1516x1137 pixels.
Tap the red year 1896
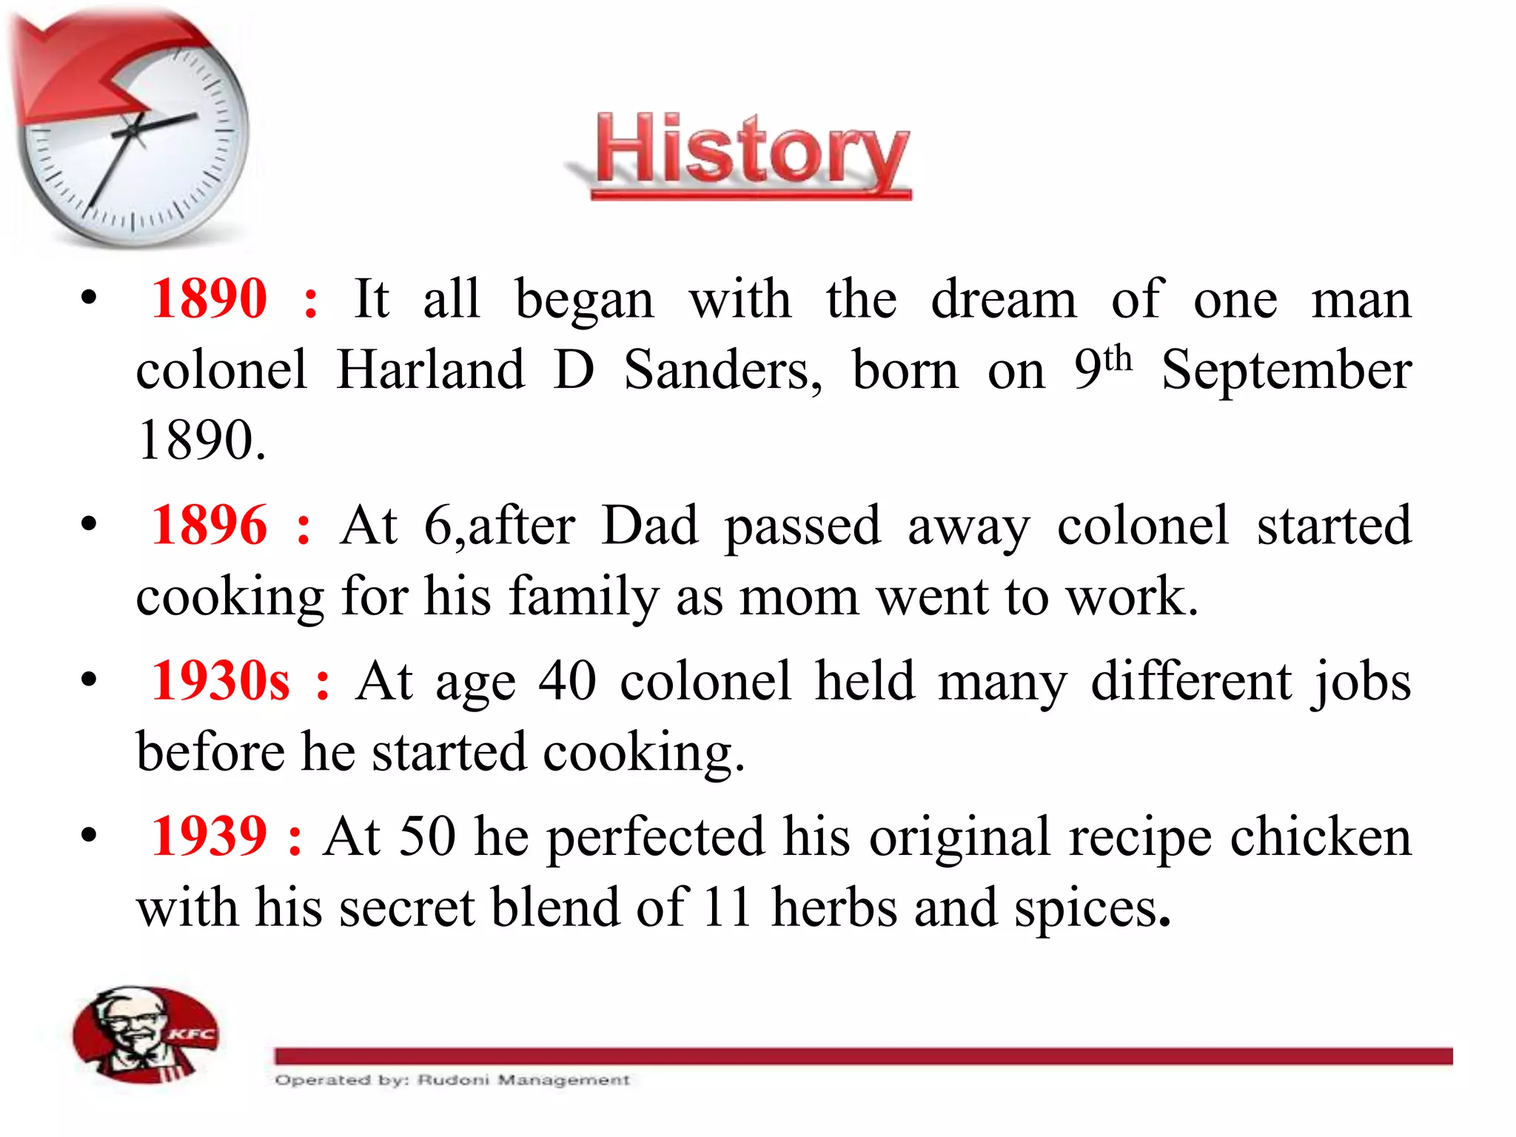209,526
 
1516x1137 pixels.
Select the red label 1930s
220,681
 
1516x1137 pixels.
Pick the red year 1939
209,836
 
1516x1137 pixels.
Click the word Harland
431,370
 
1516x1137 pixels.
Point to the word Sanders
722,370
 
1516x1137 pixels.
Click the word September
1287,370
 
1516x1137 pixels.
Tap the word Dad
650,526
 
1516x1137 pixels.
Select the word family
583,597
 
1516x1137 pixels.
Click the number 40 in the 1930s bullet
567,681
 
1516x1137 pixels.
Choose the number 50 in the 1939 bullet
427,836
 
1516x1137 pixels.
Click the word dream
1004,300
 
